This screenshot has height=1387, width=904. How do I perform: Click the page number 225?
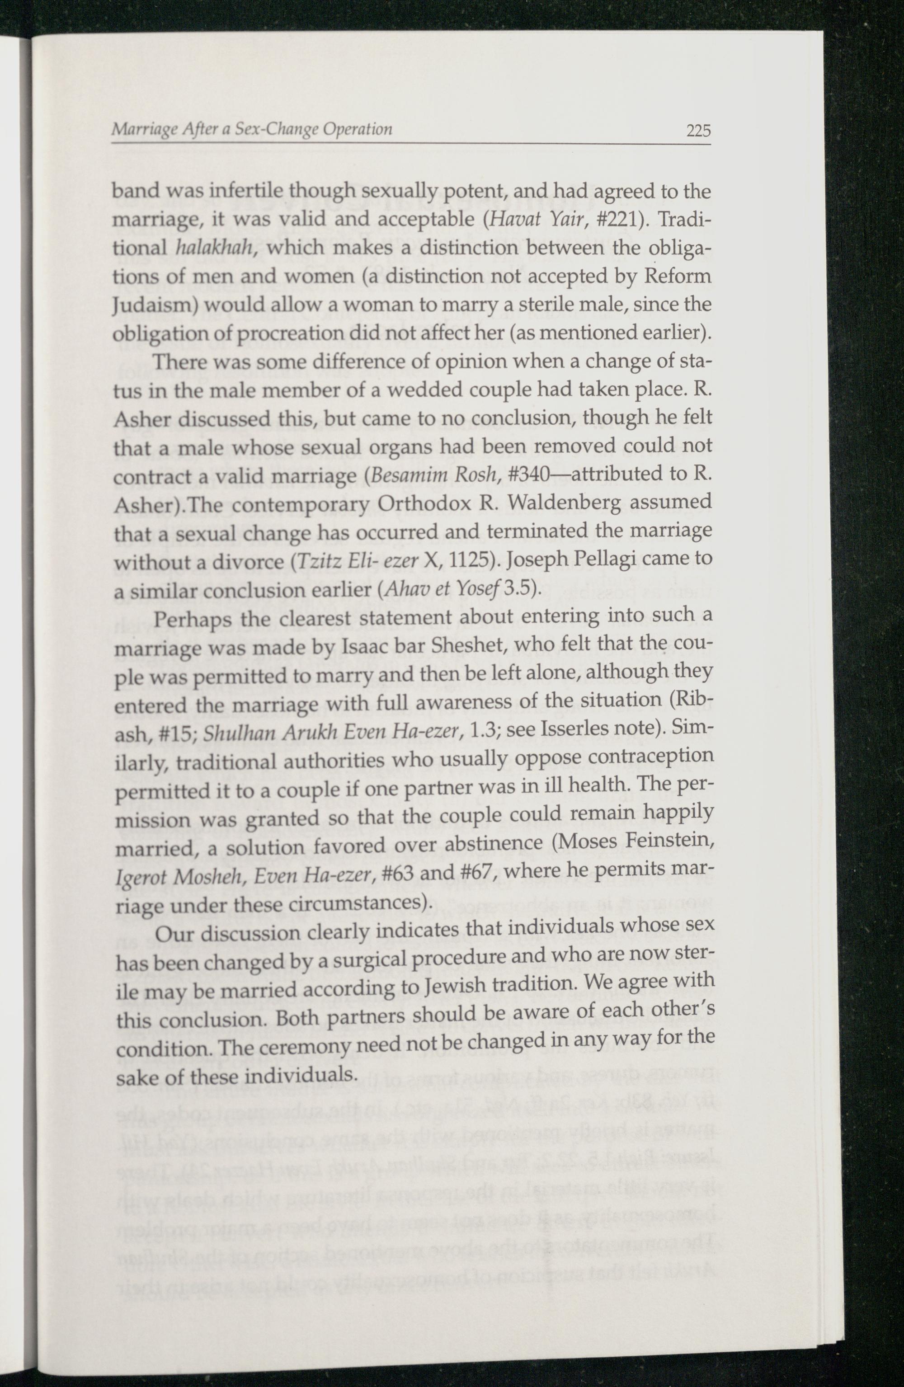[698, 131]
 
